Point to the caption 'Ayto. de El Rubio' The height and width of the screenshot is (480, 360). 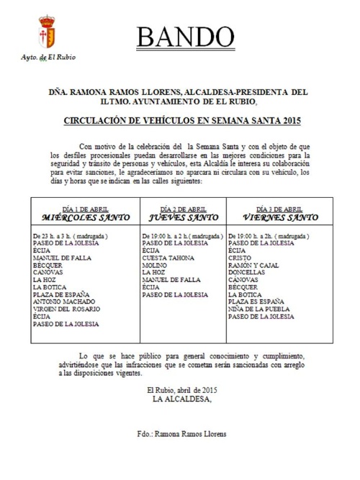[48, 57]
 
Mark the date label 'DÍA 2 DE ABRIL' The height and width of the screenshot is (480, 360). [181, 207]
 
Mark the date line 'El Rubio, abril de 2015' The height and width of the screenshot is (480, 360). [181, 390]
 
